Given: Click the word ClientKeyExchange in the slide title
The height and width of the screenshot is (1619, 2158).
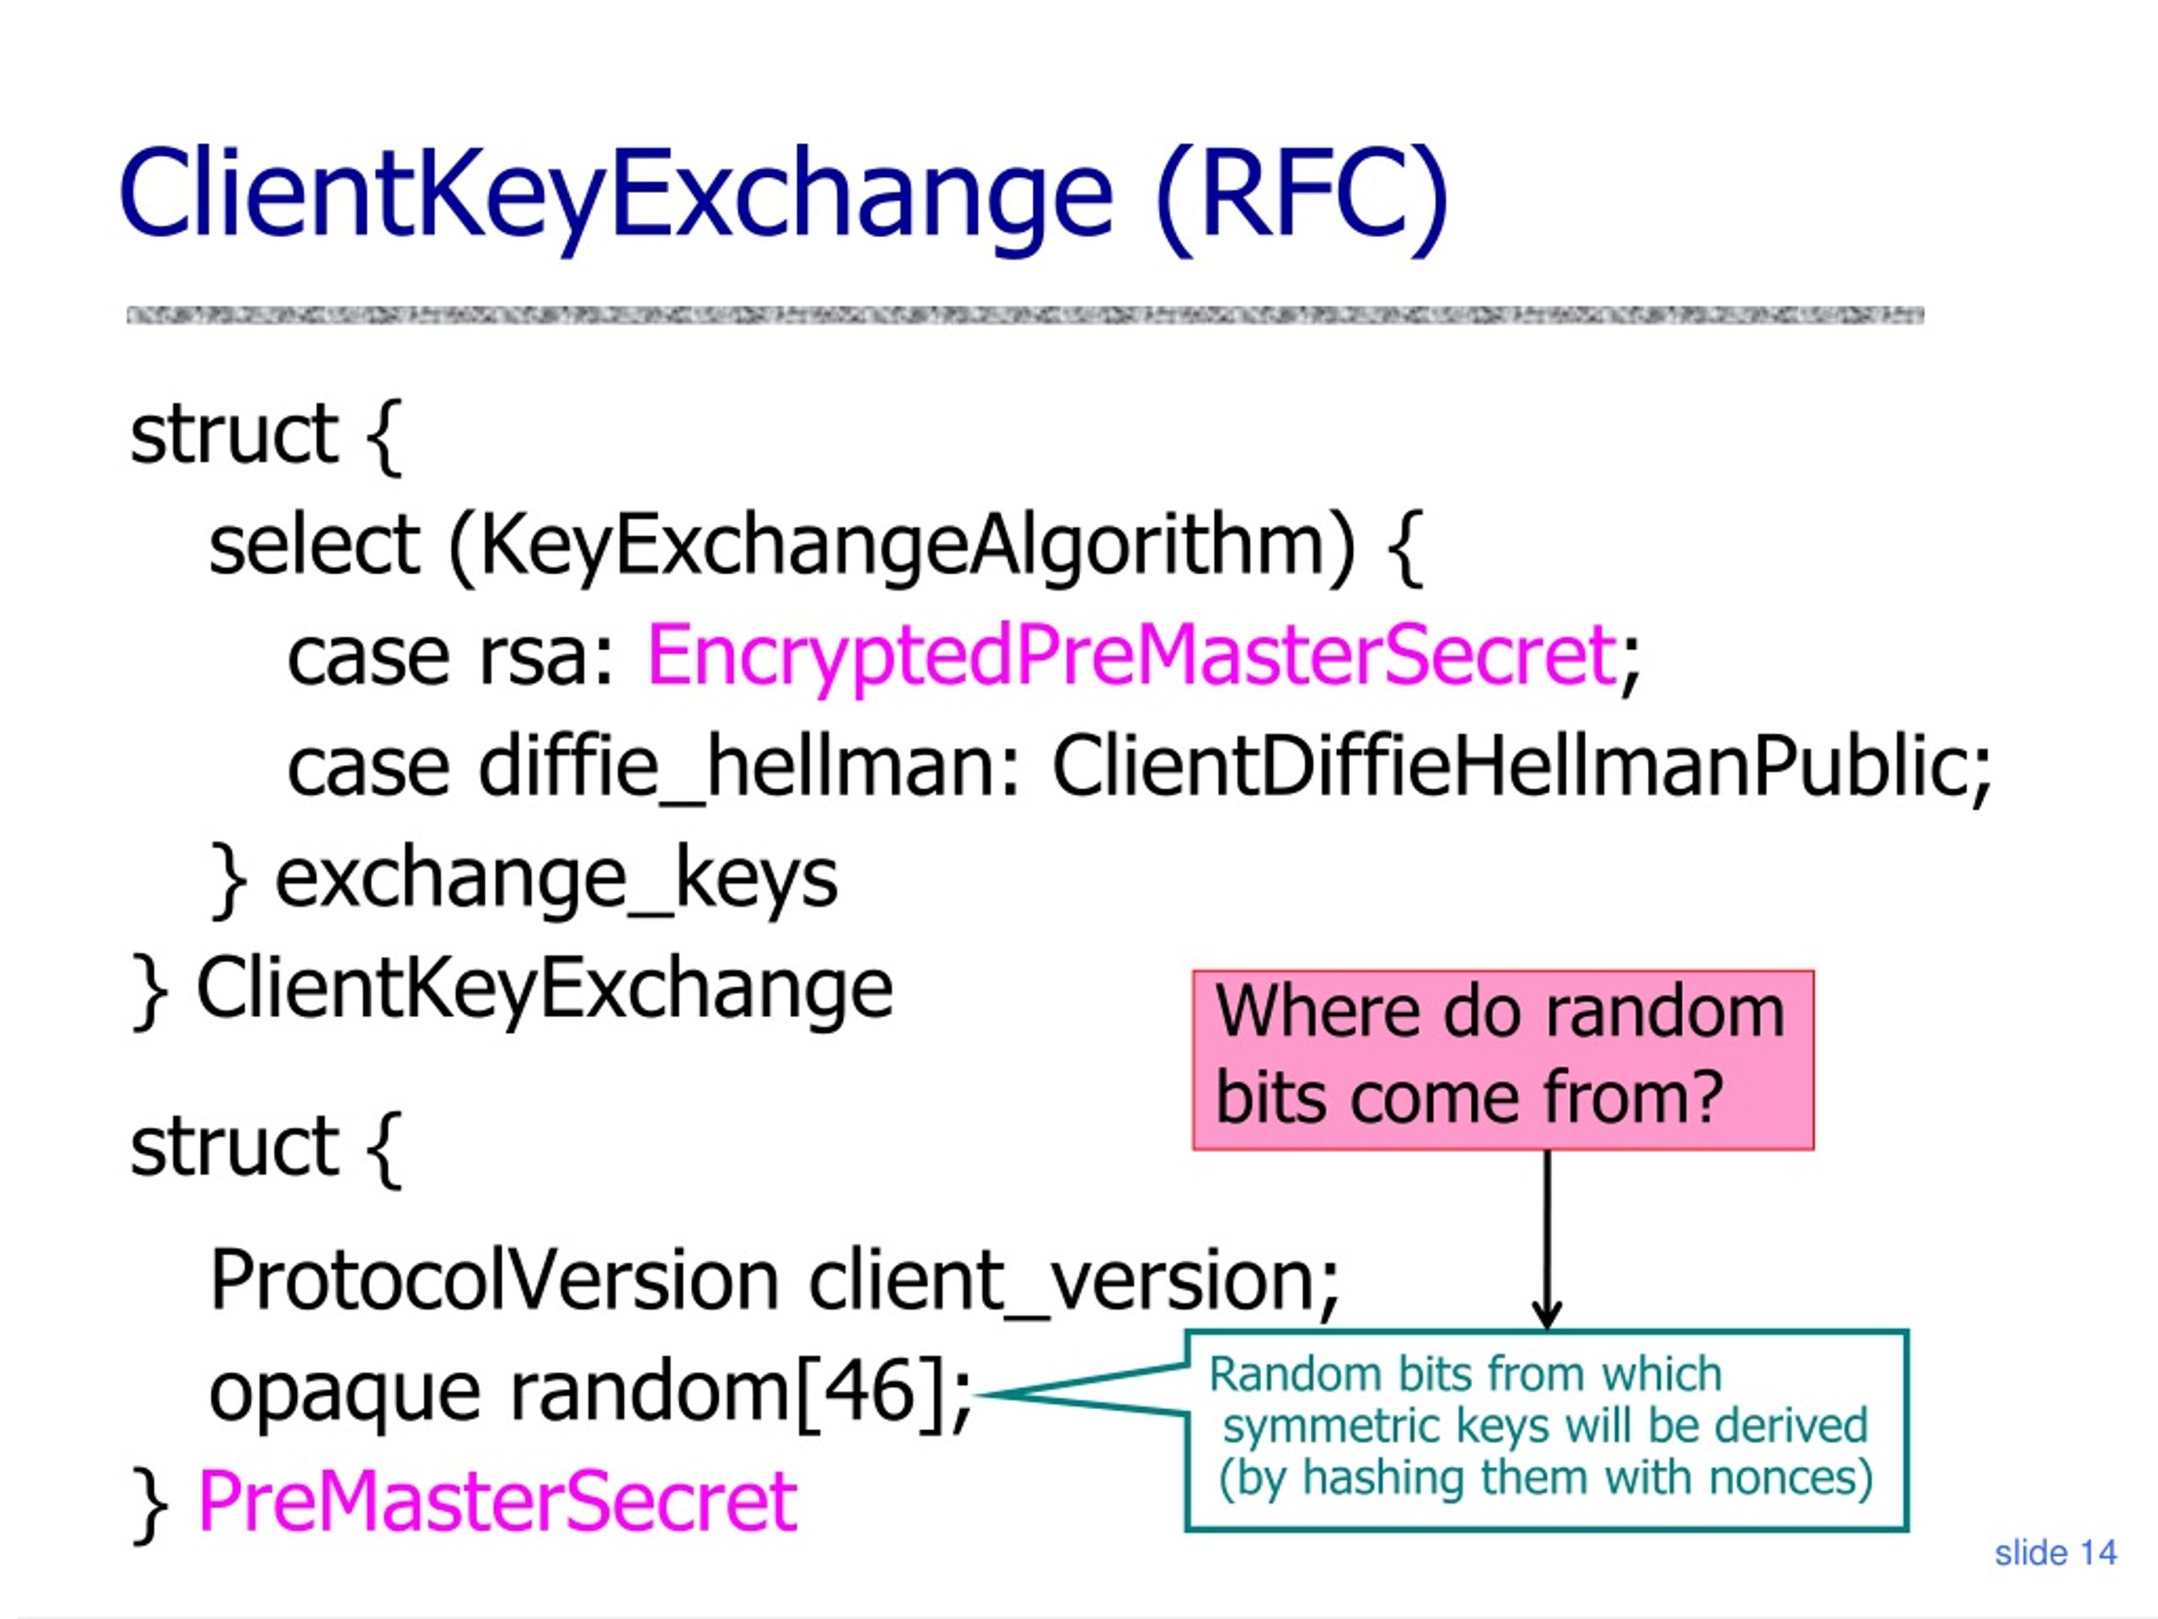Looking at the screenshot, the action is click(615, 195).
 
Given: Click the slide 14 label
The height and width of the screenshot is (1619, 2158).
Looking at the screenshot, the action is click(2055, 1552).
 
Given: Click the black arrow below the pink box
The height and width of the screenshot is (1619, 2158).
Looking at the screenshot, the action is click(1548, 1240).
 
